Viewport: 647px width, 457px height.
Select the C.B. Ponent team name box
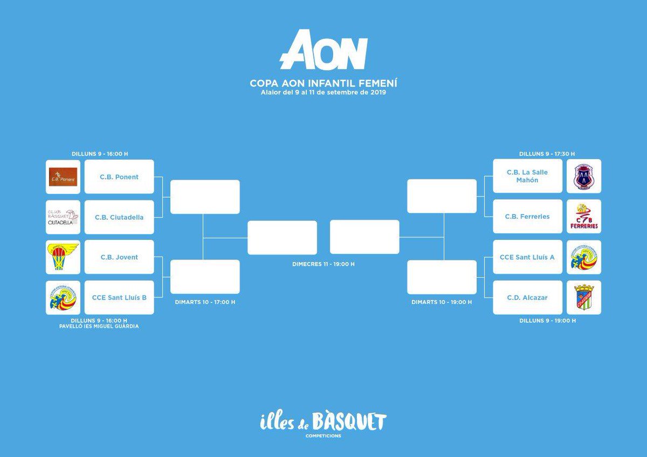coord(119,177)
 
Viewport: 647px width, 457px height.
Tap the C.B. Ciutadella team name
coord(119,217)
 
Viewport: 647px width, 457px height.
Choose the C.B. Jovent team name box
coord(119,257)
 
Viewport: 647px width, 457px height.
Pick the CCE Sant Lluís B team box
coord(119,297)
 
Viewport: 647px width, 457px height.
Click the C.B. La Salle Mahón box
coord(527,176)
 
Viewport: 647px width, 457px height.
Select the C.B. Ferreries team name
coord(527,217)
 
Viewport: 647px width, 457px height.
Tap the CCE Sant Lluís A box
coord(527,257)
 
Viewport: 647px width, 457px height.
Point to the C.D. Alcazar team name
coord(527,297)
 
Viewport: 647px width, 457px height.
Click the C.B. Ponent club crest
coord(63,177)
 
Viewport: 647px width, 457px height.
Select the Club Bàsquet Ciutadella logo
coord(63,217)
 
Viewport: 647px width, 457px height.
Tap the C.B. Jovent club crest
coord(63,257)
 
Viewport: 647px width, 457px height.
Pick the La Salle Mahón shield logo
coord(584,176)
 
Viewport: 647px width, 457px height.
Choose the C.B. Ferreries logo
coord(584,217)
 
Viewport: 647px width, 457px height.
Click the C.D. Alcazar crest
coord(584,297)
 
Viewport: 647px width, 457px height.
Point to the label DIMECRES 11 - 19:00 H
coord(323,264)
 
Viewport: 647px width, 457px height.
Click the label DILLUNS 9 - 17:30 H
coord(547,154)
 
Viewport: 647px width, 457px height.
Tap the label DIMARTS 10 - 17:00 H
coord(205,302)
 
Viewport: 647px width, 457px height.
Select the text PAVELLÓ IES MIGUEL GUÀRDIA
coord(99,326)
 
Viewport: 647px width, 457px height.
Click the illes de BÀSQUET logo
coord(323,422)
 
